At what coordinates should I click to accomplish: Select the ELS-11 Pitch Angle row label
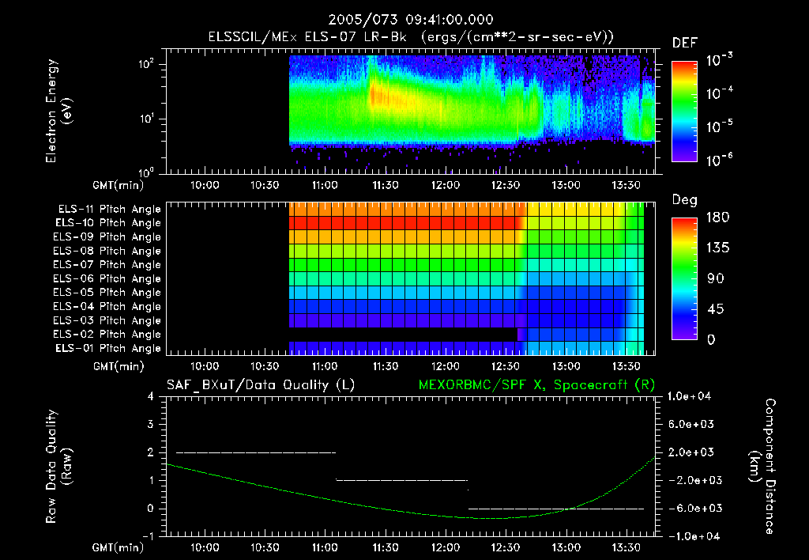click(107, 210)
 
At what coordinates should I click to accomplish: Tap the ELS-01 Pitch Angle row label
click(107, 349)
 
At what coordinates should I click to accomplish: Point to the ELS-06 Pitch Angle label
click(107, 278)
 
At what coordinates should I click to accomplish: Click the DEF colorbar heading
click(684, 43)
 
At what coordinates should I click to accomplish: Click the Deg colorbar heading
click(684, 201)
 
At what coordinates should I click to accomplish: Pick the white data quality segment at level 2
click(255, 452)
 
